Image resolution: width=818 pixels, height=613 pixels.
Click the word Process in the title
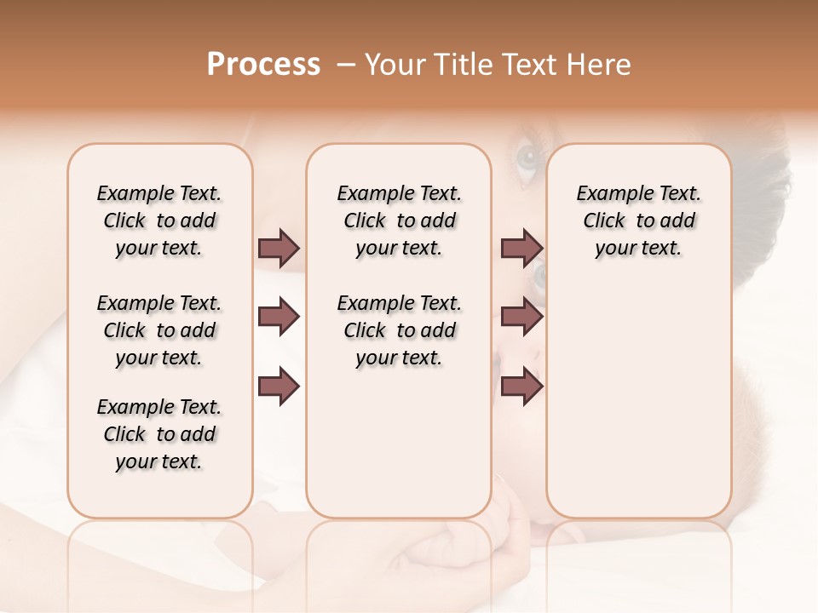263,65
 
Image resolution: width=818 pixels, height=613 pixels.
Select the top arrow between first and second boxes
279,248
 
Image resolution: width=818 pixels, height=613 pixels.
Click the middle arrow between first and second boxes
279,318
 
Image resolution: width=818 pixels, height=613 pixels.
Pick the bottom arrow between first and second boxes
279,387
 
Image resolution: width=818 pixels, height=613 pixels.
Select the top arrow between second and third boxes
521,248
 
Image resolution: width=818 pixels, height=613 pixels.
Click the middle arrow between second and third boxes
521,318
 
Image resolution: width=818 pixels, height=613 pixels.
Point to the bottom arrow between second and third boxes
521,387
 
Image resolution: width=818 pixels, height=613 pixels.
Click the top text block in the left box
159,221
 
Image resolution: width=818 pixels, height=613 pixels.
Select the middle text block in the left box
159,330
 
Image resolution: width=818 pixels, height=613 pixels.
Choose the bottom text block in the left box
159,434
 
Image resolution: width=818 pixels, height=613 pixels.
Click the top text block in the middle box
399,221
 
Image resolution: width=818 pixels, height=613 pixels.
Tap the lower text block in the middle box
399,330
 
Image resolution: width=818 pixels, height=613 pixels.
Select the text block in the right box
638,221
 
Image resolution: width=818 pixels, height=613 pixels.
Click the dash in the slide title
346,65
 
